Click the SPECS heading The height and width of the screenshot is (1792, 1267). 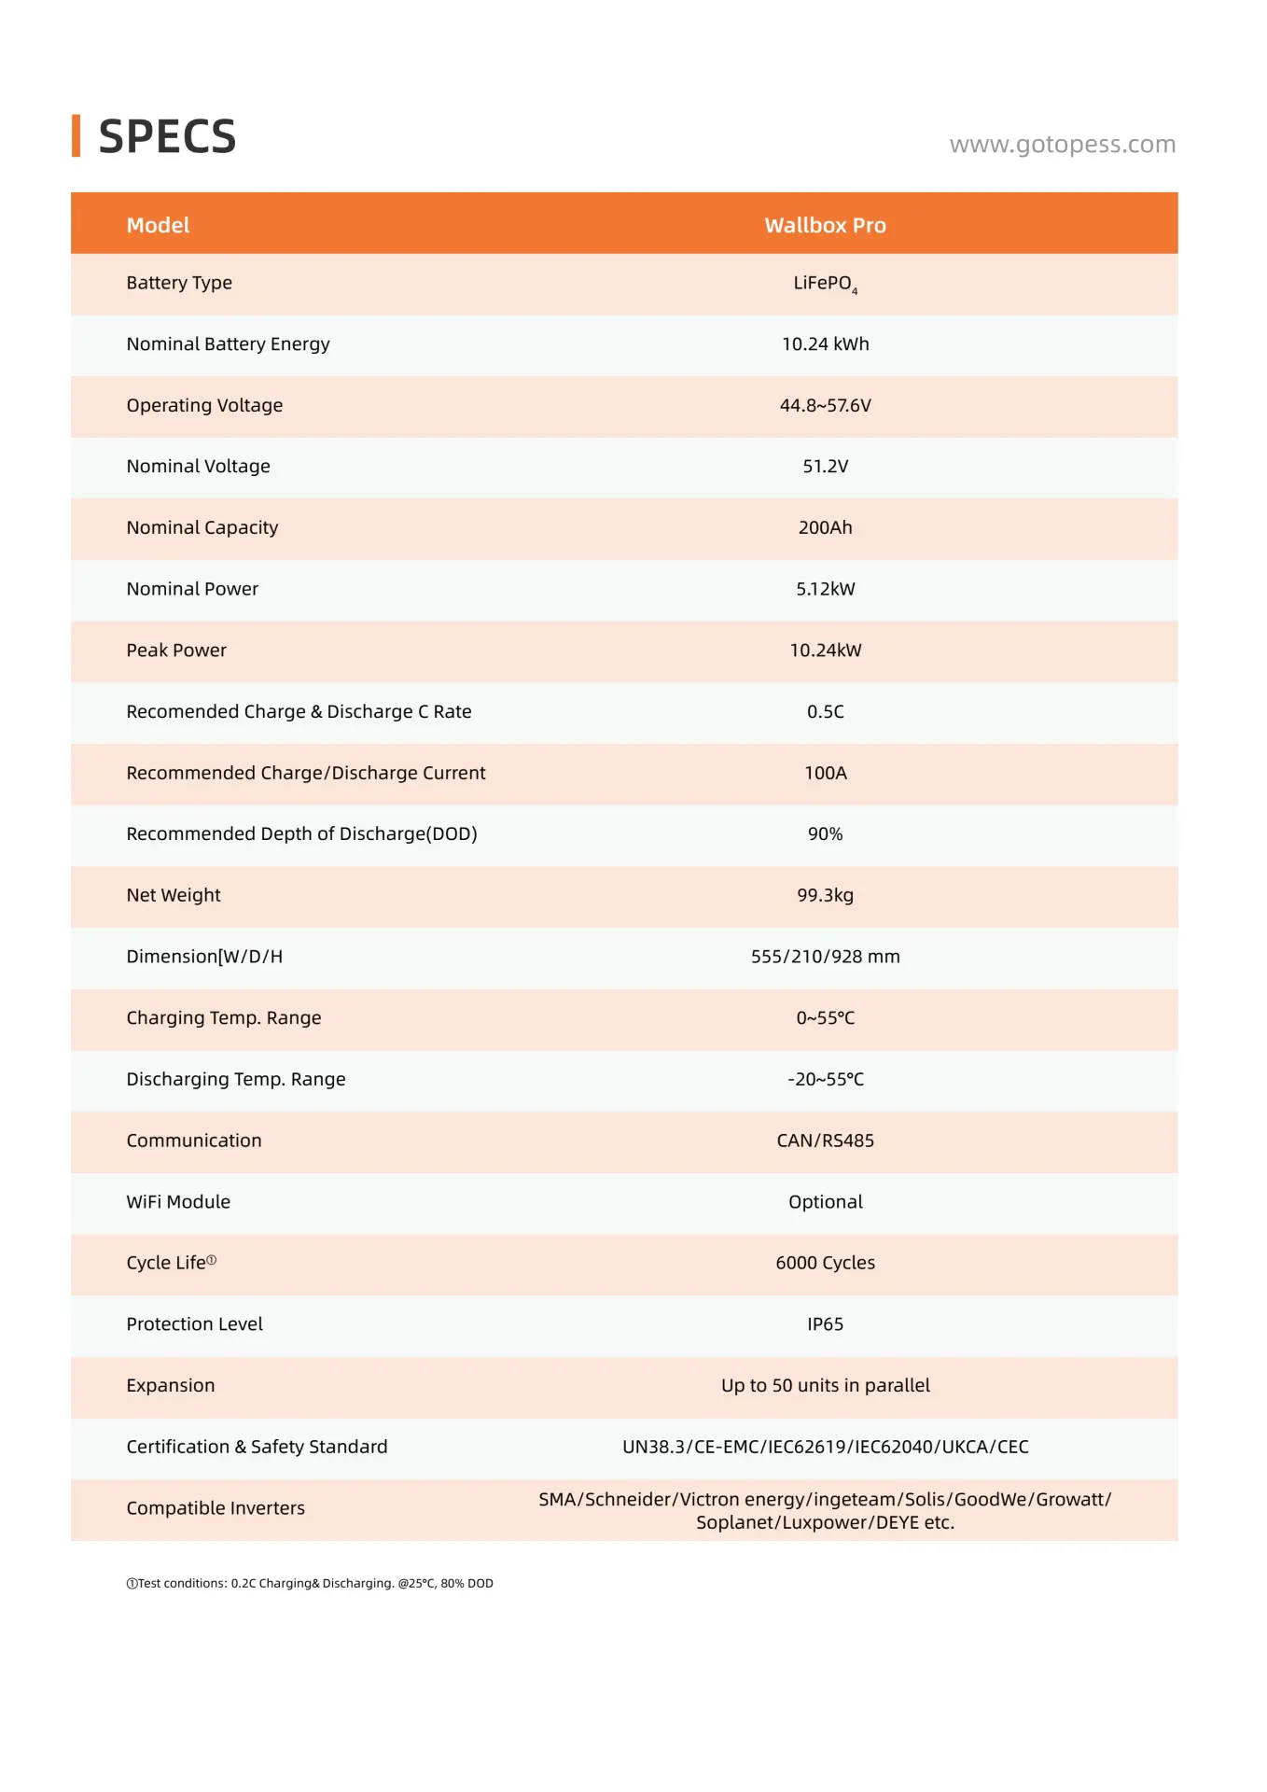coord(166,137)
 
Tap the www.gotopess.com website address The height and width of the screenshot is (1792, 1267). coord(1062,145)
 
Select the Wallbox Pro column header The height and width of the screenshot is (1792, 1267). coord(825,225)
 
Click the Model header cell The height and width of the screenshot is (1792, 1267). coord(158,225)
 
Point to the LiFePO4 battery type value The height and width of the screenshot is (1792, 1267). coord(825,284)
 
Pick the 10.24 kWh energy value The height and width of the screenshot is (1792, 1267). coord(825,344)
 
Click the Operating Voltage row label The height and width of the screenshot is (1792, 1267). coord(204,405)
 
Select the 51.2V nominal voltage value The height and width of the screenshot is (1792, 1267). coord(825,467)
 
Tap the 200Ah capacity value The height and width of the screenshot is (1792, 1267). coord(825,527)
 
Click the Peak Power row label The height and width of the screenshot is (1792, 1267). coord(176,651)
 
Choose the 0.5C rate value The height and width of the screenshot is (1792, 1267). coord(825,711)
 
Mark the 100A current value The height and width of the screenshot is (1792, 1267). coord(825,773)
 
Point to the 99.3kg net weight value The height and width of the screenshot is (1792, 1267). coord(825,895)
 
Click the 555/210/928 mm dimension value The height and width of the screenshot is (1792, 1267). coord(825,957)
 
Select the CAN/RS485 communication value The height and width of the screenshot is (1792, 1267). coord(825,1141)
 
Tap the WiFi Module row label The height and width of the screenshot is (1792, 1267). coord(178,1202)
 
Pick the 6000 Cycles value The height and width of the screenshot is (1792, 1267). coord(825,1263)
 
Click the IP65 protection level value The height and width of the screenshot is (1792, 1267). coord(825,1324)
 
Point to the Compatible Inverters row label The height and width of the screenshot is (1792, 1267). coord(216,1508)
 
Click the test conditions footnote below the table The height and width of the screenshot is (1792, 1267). coord(310,1583)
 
